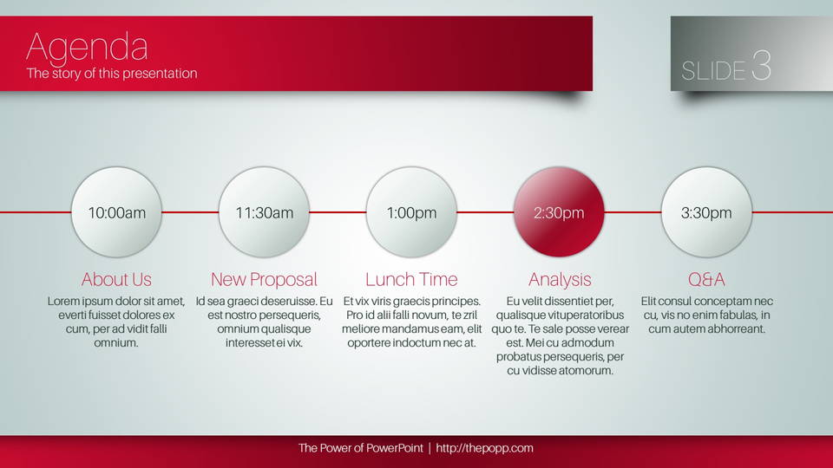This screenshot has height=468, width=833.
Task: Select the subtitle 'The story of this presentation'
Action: click(x=112, y=73)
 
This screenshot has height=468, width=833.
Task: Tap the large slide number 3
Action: click(x=761, y=65)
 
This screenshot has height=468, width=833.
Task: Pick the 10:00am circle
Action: click(x=116, y=212)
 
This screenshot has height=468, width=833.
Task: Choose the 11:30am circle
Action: click(x=264, y=212)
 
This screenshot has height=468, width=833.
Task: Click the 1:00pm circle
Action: click(x=411, y=212)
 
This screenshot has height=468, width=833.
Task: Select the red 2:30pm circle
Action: click(x=559, y=212)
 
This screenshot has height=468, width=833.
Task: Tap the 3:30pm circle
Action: click(x=706, y=212)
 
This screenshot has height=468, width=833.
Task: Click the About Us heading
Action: click(x=116, y=280)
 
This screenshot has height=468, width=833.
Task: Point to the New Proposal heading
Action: click(x=264, y=280)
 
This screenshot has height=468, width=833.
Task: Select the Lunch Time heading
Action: click(x=411, y=279)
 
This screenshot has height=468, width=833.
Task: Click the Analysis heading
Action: click(x=560, y=280)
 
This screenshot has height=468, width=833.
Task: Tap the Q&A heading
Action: click(x=706, y=280)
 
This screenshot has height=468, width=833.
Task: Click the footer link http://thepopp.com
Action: click(x=484, y=448)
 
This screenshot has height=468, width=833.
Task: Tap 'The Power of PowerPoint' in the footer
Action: click(x=361, y=448)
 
